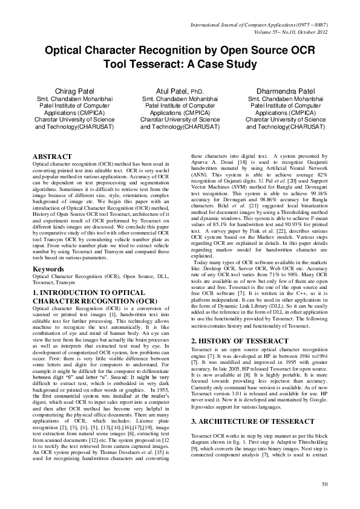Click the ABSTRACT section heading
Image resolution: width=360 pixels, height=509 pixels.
point(52,157)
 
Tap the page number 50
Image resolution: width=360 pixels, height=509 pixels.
point(324,501)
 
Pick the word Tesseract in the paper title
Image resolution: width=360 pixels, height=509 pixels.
point(151,62)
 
